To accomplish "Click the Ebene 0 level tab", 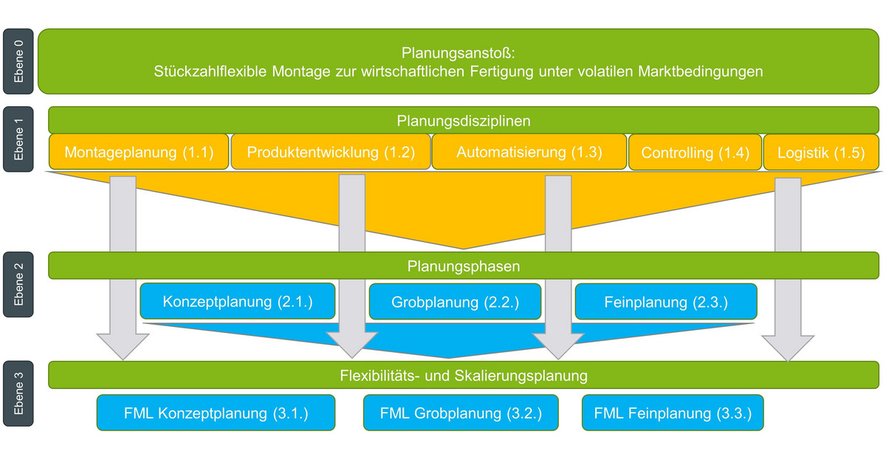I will coord(18,61).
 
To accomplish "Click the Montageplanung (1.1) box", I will coord(139,152).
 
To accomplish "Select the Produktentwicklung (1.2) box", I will coord(331,152).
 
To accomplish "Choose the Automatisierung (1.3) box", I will coord(529,152).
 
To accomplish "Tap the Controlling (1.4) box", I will coord(694,152).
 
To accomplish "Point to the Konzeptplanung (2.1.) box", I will coord(238,302).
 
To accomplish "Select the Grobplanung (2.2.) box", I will coord(455,302).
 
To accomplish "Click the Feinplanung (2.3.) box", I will coord(666,302).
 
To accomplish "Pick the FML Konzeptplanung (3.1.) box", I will coord(216,413).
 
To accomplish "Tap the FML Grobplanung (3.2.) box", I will coord(461,413).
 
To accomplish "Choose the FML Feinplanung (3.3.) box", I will coord(672,413).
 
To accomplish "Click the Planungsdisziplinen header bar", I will coord(464,120).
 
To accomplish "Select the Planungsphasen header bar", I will coord(464,266).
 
